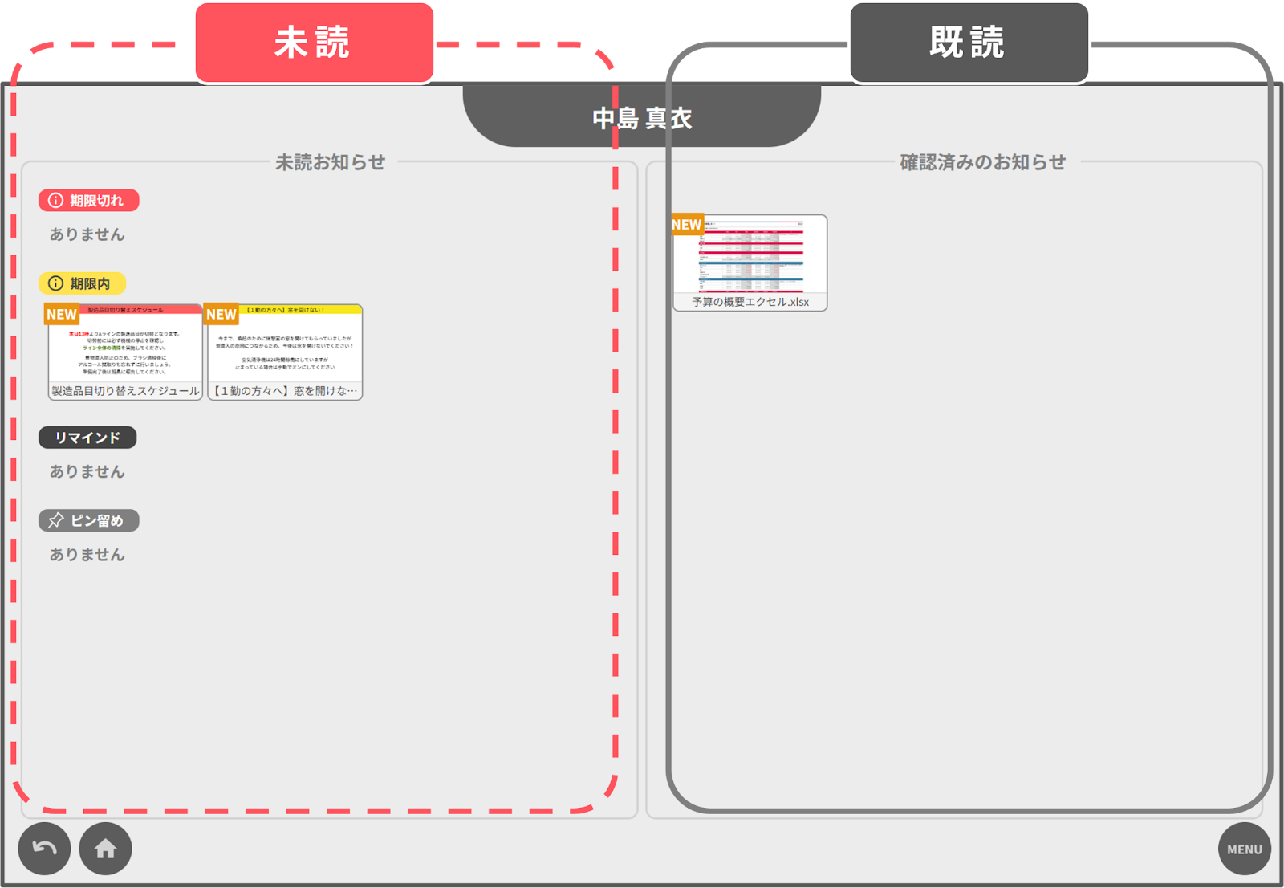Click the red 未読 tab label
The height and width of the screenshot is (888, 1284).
[x=314, y=43]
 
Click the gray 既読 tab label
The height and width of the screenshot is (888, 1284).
[x=969, y=43]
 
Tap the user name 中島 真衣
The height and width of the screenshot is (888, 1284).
[x=642, y=118]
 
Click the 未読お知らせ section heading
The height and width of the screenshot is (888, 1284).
[x=330, y=162]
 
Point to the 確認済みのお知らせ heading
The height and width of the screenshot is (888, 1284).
[x=982, y=162]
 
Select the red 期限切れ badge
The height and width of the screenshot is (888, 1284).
[x=89, y=201]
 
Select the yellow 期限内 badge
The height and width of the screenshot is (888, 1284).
[x=83, y=283]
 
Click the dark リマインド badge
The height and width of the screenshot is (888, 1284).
[x=87, y=438]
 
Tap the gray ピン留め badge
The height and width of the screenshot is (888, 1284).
[x=89, y=521]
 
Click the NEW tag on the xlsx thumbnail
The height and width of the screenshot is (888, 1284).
[x=687, y=225]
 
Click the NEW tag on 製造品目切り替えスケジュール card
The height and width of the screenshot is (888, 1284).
[x=62, y=315]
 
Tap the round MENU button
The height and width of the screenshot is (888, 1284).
[x=1244, y=849]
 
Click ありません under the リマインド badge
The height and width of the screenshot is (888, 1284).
[x=87, y=472]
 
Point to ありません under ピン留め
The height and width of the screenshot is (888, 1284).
[x=87, y=555]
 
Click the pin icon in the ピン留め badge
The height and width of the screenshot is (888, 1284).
[x=56, y=521]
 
